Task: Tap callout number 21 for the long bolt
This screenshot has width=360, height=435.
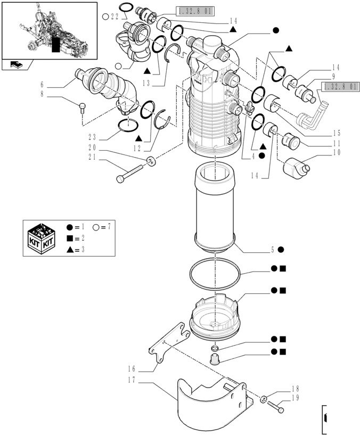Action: pyautogui.click(x=92, y=157)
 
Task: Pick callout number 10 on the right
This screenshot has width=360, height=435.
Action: pyautogui.click(x=336, y=153)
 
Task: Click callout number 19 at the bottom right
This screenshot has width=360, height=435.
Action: pyautogui.click(x=295, y=398)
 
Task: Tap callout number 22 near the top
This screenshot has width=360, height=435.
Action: pyautogui.click(x=114, y=17)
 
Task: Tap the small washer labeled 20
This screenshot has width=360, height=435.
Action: pyautogui.click(x=152, y=160)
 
